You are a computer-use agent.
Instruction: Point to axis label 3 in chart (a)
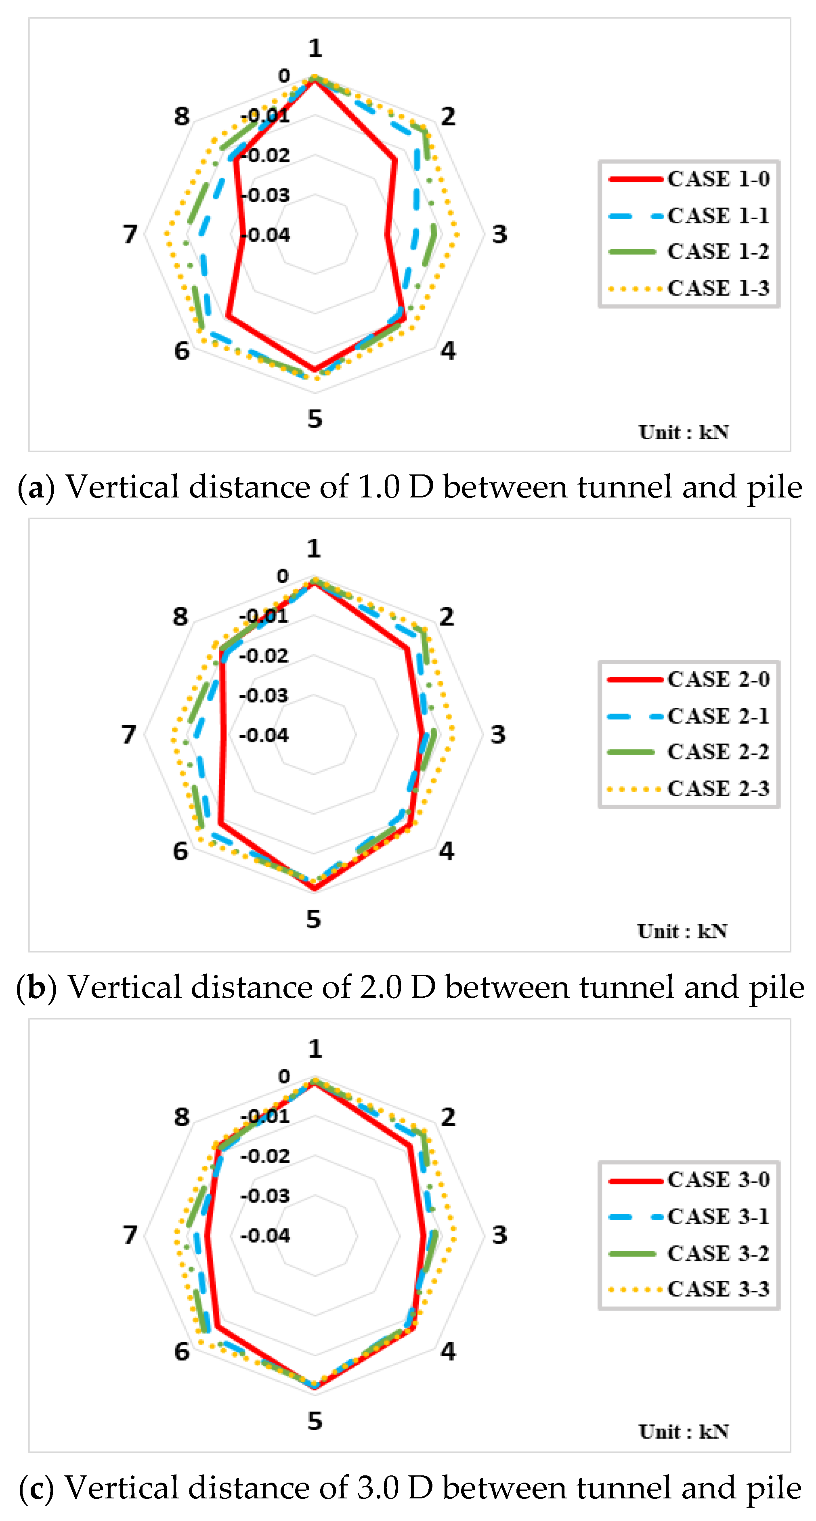coord(499,235)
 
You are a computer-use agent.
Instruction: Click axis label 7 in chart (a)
coord(130,235)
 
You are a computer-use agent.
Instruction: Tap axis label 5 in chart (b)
coord(314,919)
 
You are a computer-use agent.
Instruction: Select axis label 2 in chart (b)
coord(447,617)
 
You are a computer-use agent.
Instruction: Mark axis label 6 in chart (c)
coord(182,1351)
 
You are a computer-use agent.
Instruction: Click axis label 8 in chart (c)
coord(182,1117)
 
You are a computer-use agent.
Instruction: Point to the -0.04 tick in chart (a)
coord(266,235)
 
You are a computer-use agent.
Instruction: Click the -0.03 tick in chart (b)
coord(264,696)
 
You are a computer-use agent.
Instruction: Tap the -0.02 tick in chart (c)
coord(266,1156)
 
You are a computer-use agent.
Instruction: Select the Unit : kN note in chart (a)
coord(683,432)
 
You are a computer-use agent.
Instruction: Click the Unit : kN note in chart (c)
coord(683,1431)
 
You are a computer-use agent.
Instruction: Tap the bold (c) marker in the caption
coord(36,1488)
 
